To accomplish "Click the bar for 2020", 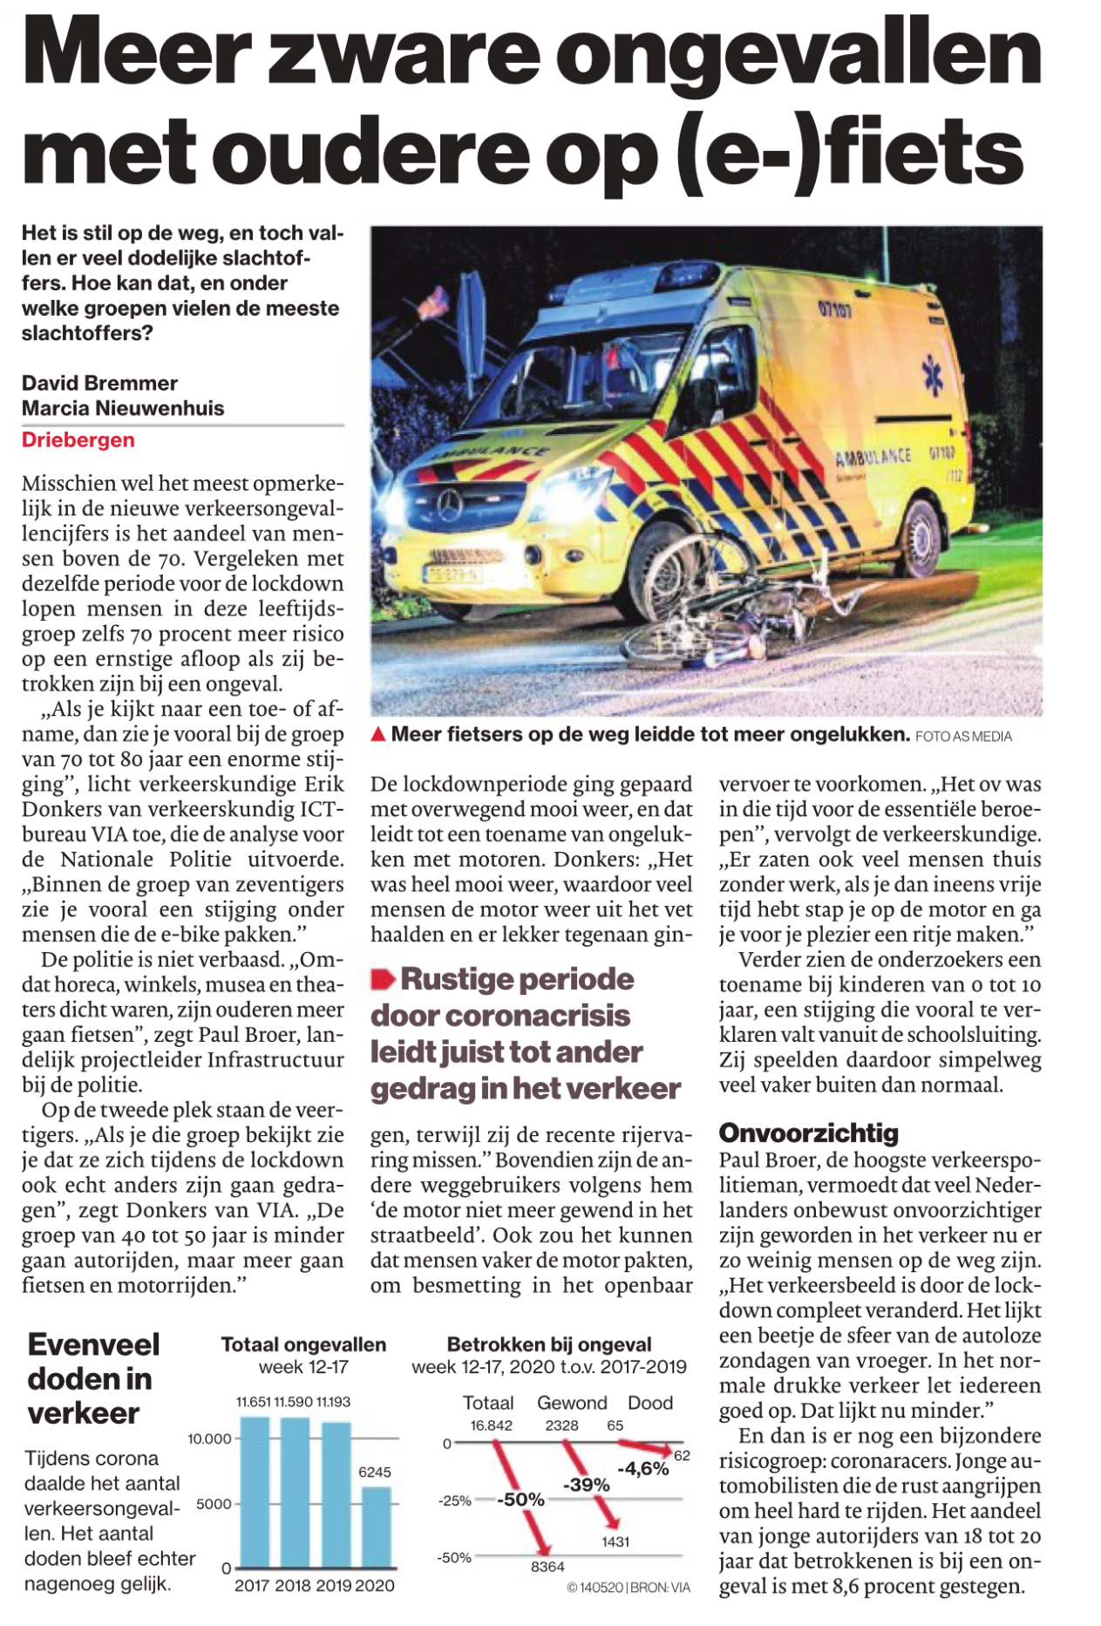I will click(376, 1527).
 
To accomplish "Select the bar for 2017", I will click(255, 1493).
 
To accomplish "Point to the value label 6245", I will click(375, 1472).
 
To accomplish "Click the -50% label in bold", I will click(520, 1500).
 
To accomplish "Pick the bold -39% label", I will click(586, 1485).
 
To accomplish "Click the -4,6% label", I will click(643, 1469).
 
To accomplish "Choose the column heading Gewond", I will click(572, 1403).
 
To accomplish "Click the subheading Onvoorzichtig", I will click(808, 1133).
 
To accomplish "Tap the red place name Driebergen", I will click(78, 439).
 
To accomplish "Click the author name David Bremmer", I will click(99, 383).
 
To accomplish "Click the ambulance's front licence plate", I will click(450, 575).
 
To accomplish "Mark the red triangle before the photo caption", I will click(378, 734).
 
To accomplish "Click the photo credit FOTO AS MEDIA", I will click(963, 737).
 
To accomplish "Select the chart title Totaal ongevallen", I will click(303, 1344).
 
